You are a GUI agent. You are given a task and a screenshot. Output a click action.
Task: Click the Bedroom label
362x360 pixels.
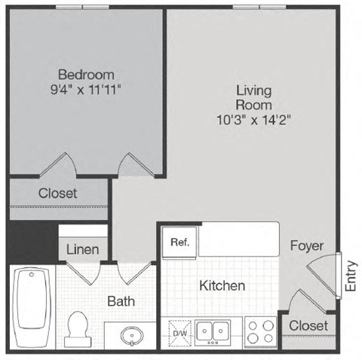(x=87, y=75)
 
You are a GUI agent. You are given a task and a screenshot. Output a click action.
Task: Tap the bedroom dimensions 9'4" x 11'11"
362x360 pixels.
(x=87, y=90)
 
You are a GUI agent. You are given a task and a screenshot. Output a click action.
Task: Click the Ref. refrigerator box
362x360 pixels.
(x=179, y=243)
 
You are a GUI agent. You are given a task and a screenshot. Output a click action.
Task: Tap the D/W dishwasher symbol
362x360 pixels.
(x=180, y=329)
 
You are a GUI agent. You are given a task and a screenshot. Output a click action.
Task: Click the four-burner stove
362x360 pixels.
(x=260, y=329)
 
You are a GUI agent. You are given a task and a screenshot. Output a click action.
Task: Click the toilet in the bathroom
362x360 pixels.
(x=77, y=327)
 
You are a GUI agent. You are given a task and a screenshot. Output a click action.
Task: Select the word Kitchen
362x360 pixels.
(x=222, y=286)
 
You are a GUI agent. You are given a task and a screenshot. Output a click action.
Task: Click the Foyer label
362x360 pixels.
(x=306, y=246)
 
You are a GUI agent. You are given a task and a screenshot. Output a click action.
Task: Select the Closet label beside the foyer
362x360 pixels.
(x=309, y=325)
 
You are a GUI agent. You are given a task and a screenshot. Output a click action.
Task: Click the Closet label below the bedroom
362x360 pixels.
(x=58, y=193)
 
